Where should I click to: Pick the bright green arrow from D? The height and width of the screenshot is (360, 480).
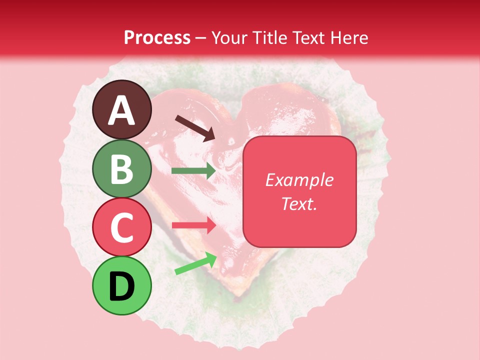[x=195, y=263]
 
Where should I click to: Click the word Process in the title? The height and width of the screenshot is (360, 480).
[x=157, y=37]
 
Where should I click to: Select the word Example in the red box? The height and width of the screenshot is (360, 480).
[x=299, y=180]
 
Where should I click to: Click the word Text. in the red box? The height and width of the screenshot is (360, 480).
[x=299, y=203]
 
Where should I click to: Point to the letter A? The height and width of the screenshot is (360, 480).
[x=121, y=110]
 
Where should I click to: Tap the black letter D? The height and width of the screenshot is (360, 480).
[x=121, y=286]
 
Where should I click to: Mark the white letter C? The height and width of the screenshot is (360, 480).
[x=121, y=228]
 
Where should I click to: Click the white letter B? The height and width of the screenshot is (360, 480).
[x=121, y=169]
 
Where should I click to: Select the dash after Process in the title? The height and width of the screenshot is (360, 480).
[x=200, y=38]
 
